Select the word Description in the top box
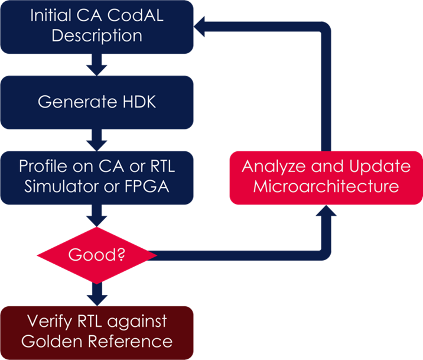click(x=97, y=36)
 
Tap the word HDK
click(x=139, y=102)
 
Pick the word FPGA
click(x=147, y=186)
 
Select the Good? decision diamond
click(x=97, y=255)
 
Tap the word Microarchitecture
click(x=326, y=186)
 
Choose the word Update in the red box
click(x=380, y=167)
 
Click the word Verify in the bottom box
click(x=50, y=322)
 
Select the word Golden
click(x=52, y=341)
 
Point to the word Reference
click(x=131, y=341)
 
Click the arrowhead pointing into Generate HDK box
click(x=97, y=70)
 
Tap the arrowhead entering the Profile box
click(x=97, y=146)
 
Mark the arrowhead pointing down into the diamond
click(x=97, y=221)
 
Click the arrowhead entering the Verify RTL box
click(x=97, y=301)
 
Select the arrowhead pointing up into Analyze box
click(x=326, y=210)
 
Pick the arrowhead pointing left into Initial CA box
click(x=199, y=27)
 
